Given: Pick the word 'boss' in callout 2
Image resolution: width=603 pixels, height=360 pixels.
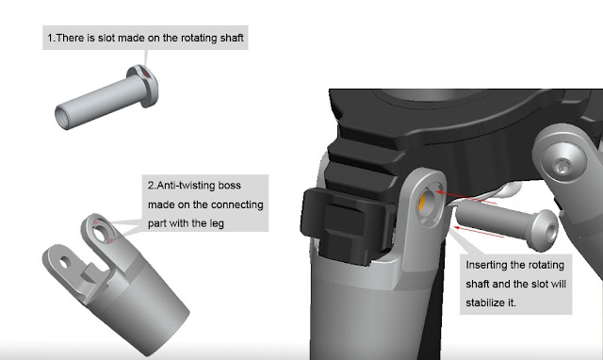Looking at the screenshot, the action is (x=230, y=186).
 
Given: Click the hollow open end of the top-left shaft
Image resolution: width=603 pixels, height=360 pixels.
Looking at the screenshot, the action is (x=61, y=117).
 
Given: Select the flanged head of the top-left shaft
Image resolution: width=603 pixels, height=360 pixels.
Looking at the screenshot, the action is (x=142, y=86).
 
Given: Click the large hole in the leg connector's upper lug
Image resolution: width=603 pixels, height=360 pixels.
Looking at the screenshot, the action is (x=101, y=234).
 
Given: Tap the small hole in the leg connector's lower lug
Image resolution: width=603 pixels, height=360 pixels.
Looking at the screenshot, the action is (x=65, y=263).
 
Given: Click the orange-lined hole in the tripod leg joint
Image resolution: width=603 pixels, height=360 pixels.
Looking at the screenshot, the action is (x=427, y=203).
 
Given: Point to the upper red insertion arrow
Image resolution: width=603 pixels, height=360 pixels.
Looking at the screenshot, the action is (x=465, y=197).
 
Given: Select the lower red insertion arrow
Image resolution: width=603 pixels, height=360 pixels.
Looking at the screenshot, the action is (x=479, y=233).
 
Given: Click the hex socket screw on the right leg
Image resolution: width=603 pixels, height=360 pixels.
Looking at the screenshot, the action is (x=562, y=166).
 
